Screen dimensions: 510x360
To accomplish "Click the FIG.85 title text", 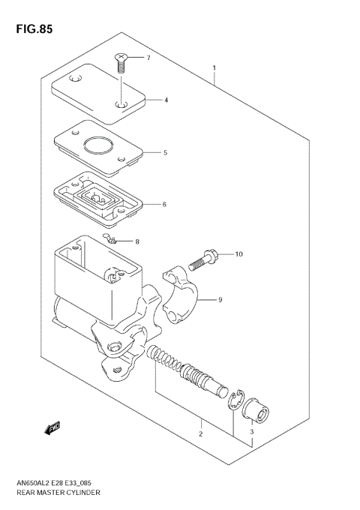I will tap(32, 28).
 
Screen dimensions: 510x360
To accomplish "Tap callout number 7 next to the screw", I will tap(148, 58).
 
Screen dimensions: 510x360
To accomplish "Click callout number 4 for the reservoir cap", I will tap(166, 100).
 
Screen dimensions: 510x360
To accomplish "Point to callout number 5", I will tap(165, 152).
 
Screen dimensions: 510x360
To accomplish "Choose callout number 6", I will tap(164, 204).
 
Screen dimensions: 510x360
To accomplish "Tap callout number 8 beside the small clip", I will tap(137, 241).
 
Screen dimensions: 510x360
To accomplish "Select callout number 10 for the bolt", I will tap(239, 254).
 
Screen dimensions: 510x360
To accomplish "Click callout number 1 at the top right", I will tap(214, 68).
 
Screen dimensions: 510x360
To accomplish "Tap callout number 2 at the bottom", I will tap(200, 434).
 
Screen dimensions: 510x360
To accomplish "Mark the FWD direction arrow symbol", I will tap(52, 428).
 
